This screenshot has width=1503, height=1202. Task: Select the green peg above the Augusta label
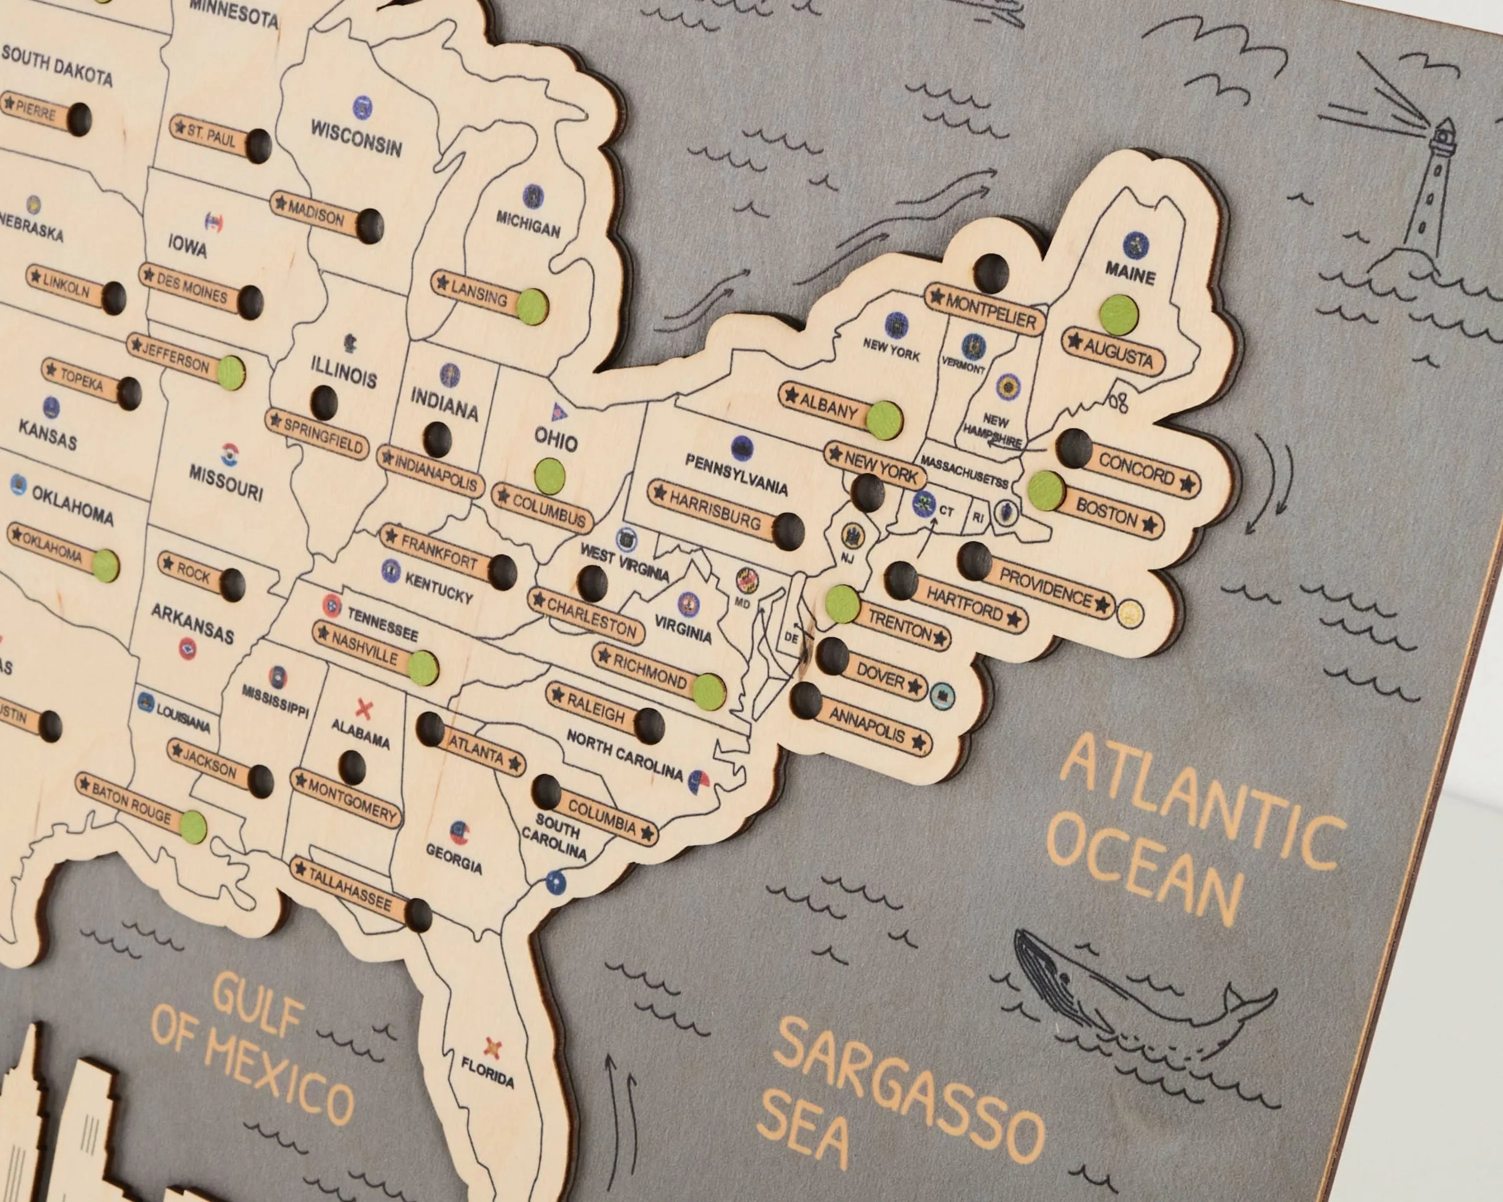point(1118,315)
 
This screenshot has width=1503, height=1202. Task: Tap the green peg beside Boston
point(1046,489)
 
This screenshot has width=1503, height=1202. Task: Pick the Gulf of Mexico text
point(251,1052)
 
